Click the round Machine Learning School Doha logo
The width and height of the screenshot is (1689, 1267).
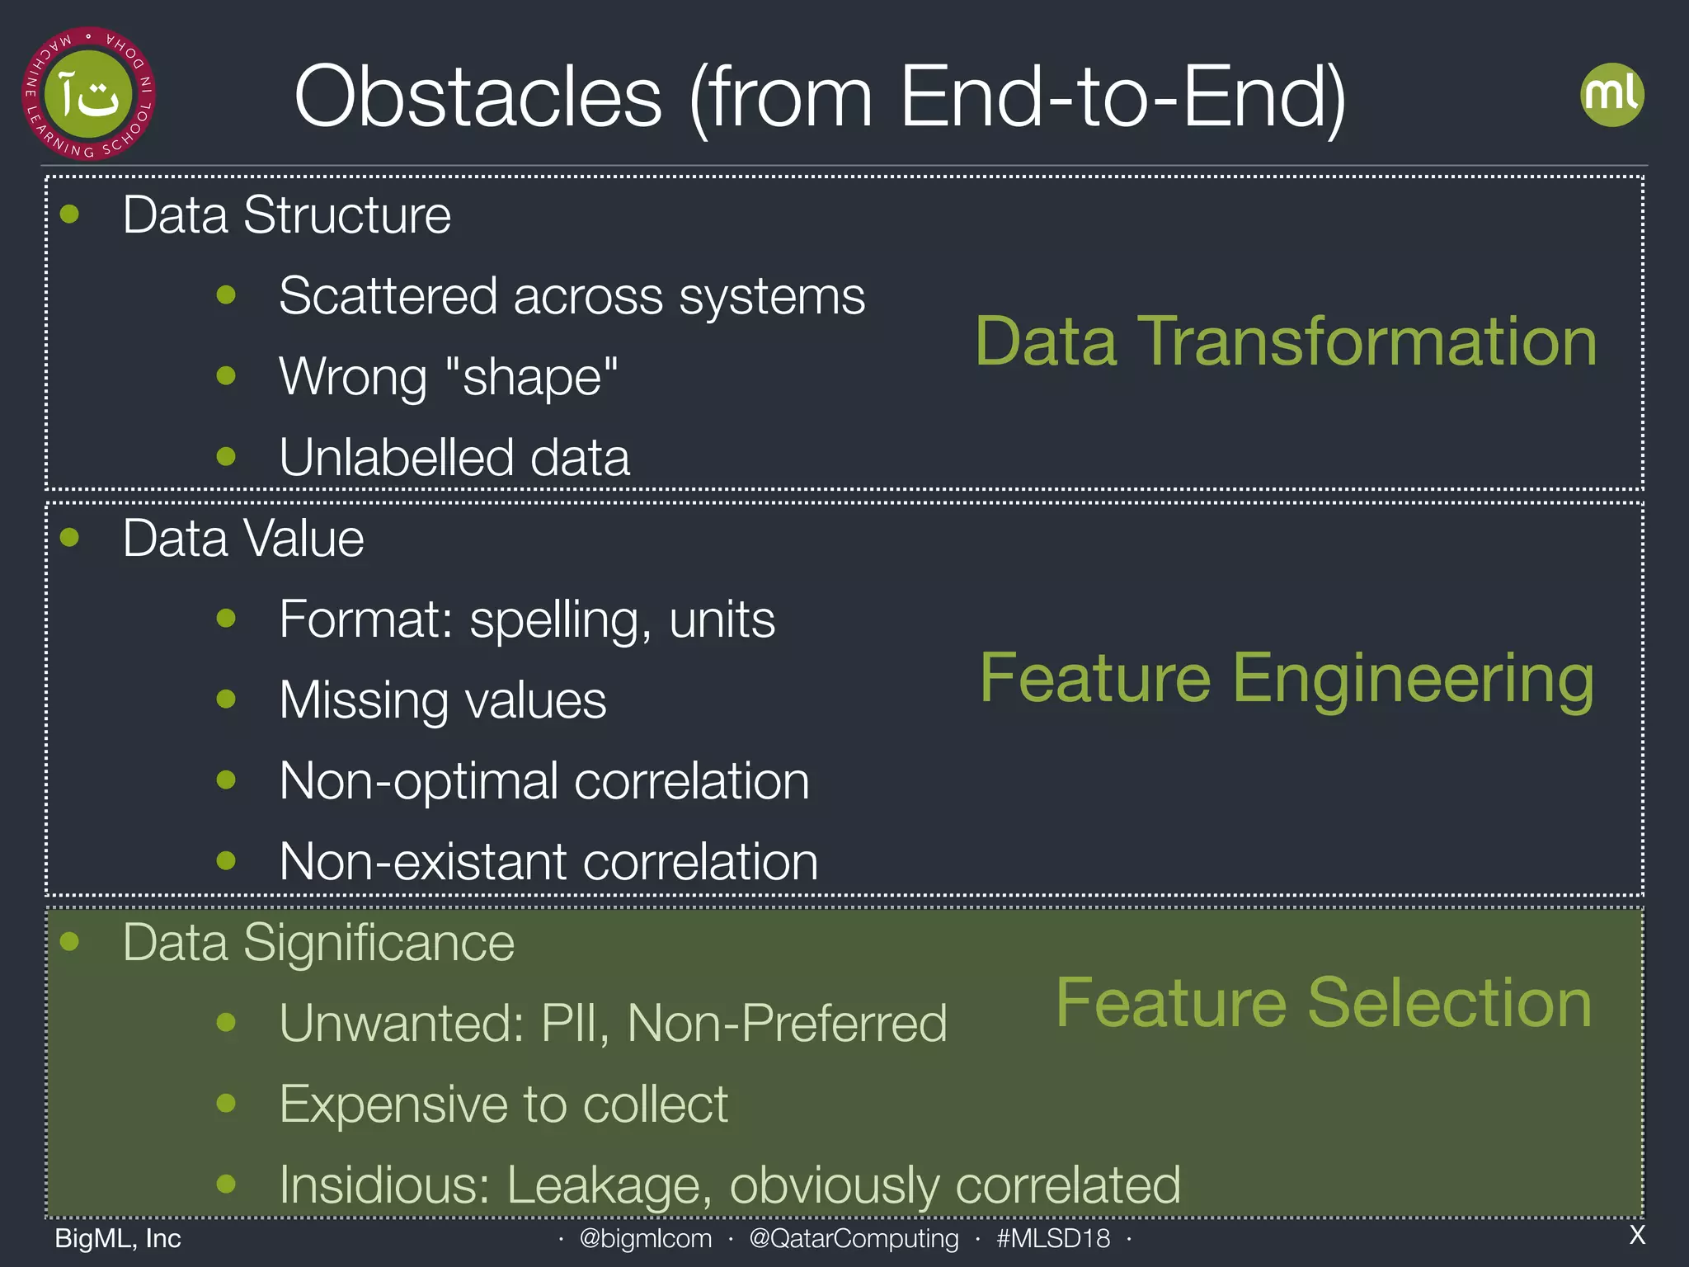(x=88, y=94)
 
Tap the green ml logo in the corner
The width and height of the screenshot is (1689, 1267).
(x=1611, y=95)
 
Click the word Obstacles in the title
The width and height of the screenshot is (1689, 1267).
(x=478, y=97)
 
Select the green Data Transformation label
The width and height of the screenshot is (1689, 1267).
(x=1286, y=341)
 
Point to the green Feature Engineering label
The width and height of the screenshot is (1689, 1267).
(x=1287, y=679)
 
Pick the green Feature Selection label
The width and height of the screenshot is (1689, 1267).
(x=1324, y=1003)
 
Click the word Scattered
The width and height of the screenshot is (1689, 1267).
(x=388, y=296)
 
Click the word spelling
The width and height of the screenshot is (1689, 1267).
(x=553, y=620)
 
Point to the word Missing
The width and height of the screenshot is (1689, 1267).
(x=364, y=700)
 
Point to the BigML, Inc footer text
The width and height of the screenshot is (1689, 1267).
(x=118, y=1238)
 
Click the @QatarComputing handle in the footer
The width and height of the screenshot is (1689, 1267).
(x=854, y=1238)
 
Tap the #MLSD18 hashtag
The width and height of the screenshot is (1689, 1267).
(x=1053, y=1238)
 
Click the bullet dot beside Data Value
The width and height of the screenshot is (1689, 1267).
(x=70, y=538)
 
